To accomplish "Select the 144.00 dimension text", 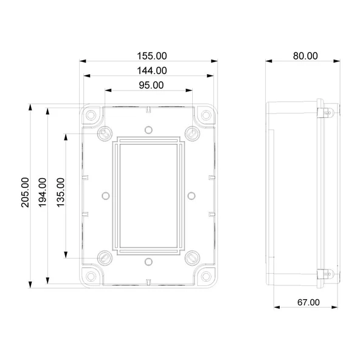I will (150, 71).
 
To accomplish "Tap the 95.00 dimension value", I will (150, 85).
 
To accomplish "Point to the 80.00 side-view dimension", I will (305, 55).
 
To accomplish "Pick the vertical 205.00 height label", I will (24, 192).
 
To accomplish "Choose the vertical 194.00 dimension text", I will (42, 192).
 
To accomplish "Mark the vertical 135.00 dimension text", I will (60, 192).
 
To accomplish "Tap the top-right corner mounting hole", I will (206, 114).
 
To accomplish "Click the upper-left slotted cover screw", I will (105, 131).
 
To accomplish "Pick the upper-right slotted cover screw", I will (192, 131).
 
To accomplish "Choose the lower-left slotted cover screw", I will (105, 257).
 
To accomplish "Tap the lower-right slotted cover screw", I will (192, 257).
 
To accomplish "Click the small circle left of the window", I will (105, 195).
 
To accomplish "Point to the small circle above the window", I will (148, 130).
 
